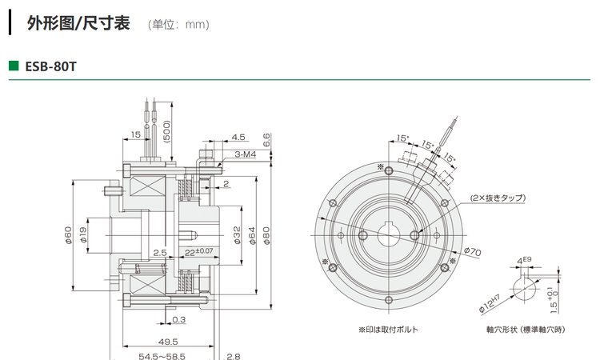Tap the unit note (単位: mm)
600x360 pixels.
179,24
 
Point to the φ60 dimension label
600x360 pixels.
68,237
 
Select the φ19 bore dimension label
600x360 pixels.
85,237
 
